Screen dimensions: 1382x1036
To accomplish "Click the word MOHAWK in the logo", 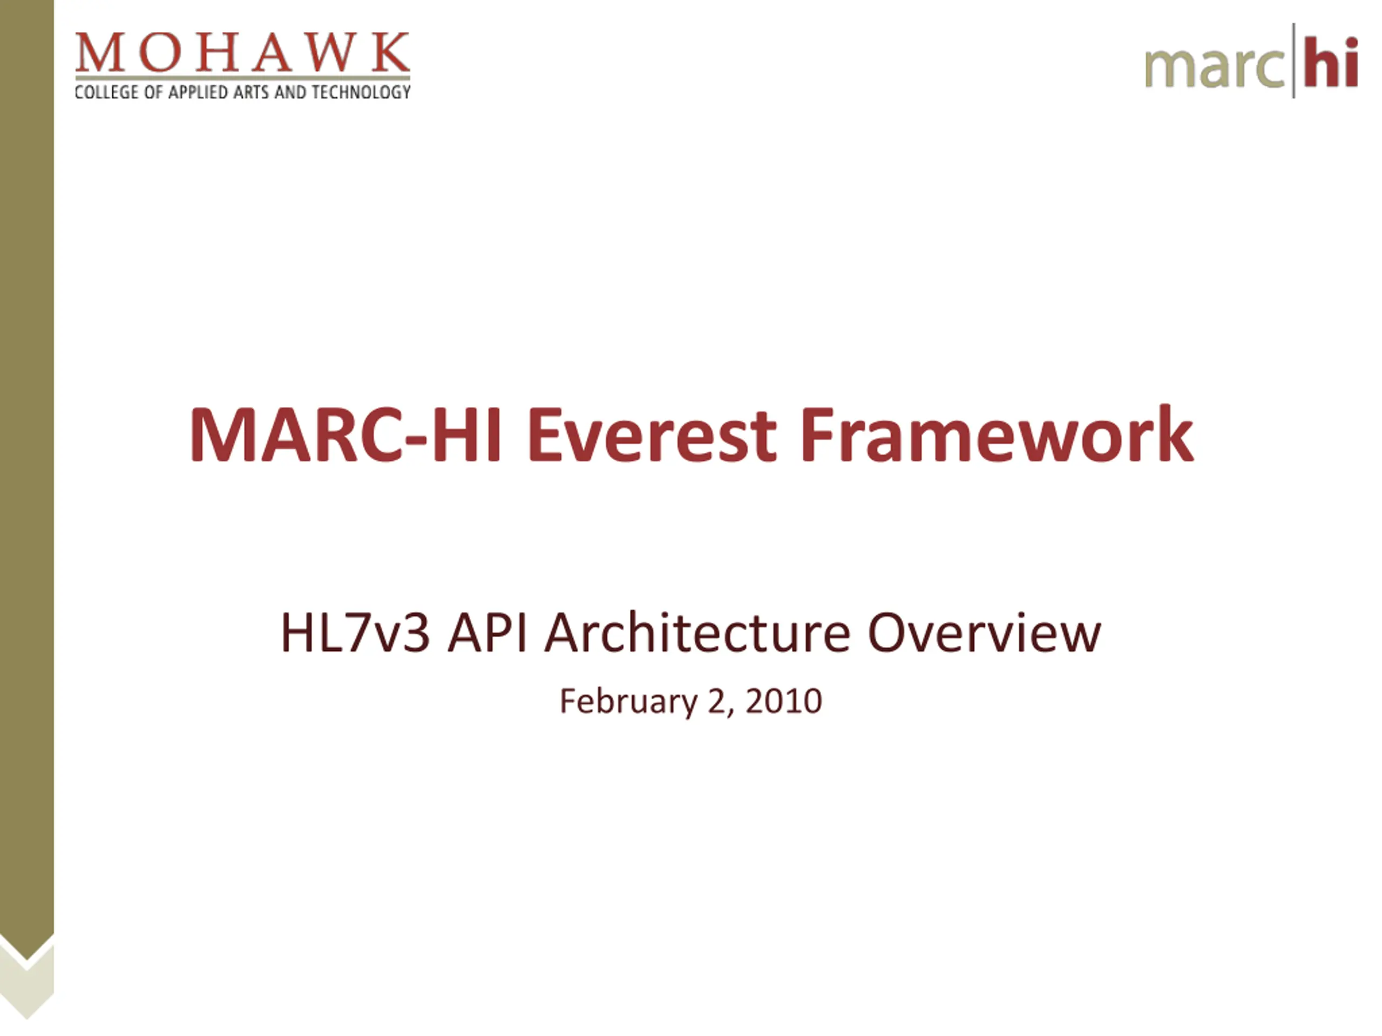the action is point(242,52).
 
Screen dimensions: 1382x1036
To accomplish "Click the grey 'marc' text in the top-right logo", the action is point(1215,67).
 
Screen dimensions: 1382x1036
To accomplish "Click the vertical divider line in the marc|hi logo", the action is point(1293,60).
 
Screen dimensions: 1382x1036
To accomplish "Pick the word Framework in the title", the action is point(997,434).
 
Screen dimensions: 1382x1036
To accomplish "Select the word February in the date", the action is point(628,702).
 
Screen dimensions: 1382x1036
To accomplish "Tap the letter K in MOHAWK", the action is point(390,52).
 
